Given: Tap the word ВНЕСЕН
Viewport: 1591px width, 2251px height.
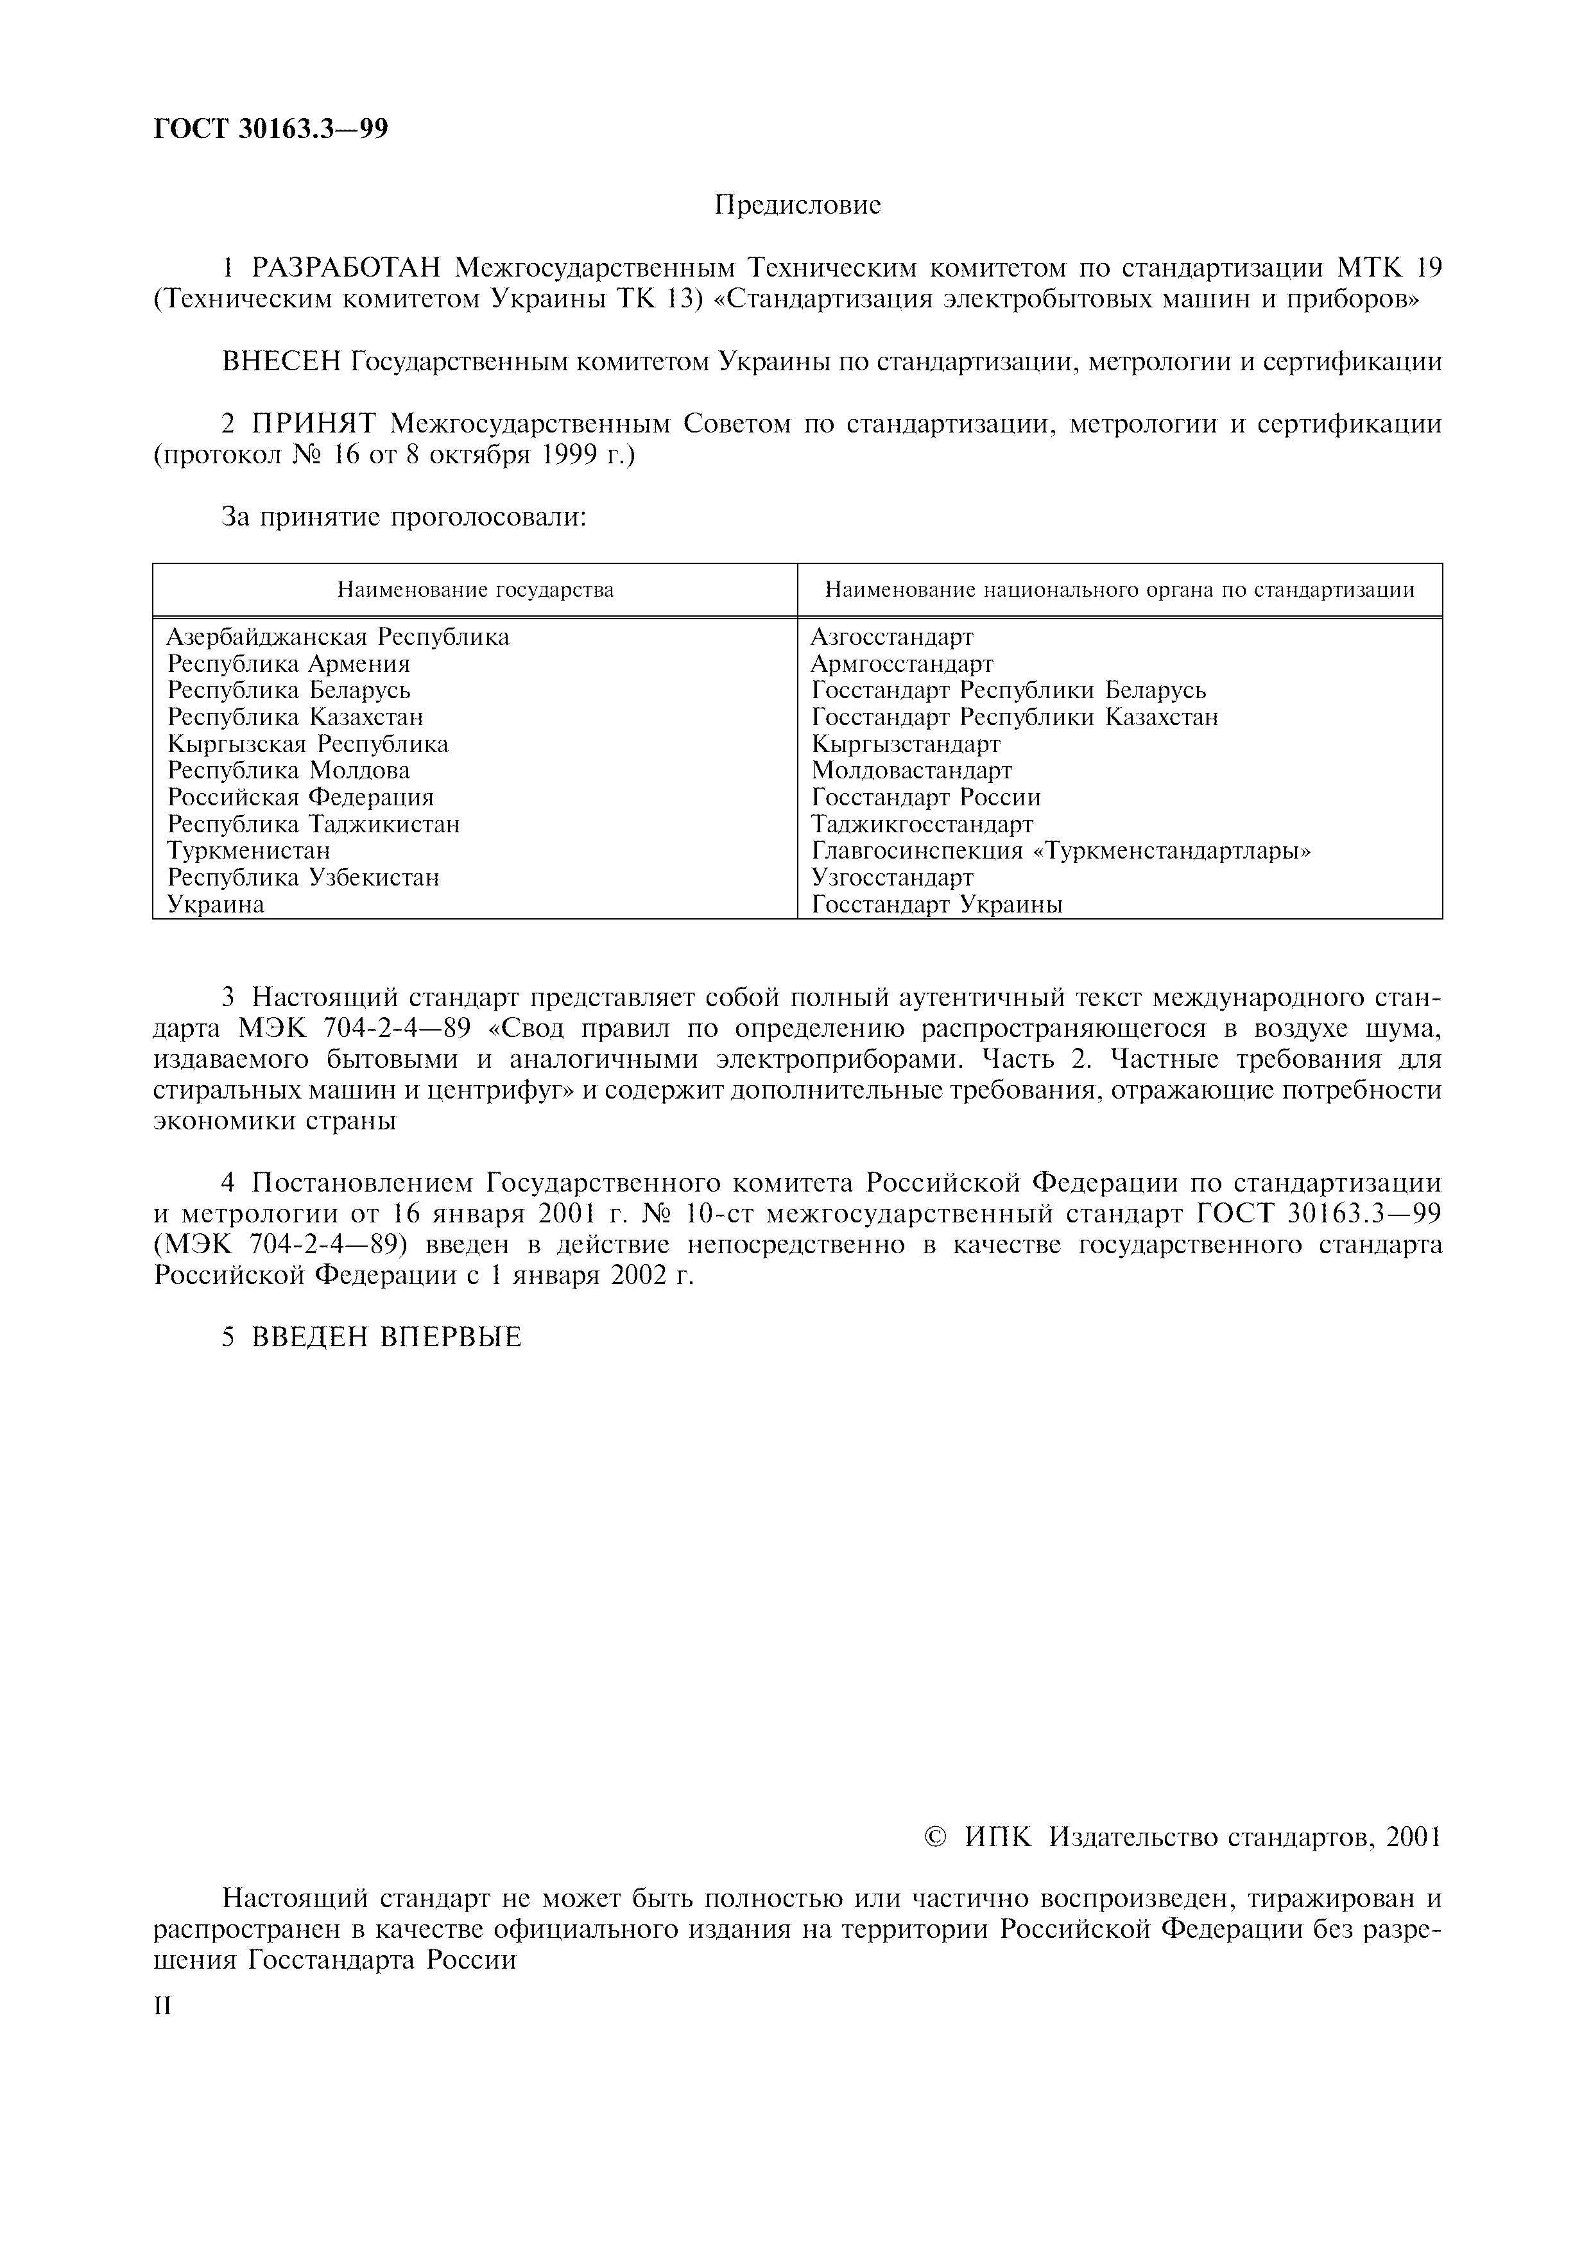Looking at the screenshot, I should tap(280, 362).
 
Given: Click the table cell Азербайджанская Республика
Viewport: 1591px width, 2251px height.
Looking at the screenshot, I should tap(338, 637).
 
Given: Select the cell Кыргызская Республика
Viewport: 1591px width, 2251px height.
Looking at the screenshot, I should tap(308, 744).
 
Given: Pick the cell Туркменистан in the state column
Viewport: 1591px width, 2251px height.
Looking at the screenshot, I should tap(249, 851).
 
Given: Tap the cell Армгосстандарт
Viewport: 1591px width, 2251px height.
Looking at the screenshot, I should tap(902, 663).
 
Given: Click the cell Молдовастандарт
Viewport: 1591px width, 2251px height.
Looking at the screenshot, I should tap(911, 771).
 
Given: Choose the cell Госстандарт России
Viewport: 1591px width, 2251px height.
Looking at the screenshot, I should tap(926, 797).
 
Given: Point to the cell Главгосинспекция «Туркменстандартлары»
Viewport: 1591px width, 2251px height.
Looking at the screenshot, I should tap(1062, 851).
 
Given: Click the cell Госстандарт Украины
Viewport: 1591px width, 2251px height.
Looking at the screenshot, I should tap(937, 904).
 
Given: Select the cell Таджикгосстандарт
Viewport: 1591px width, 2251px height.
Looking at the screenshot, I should tap(922, 825).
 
